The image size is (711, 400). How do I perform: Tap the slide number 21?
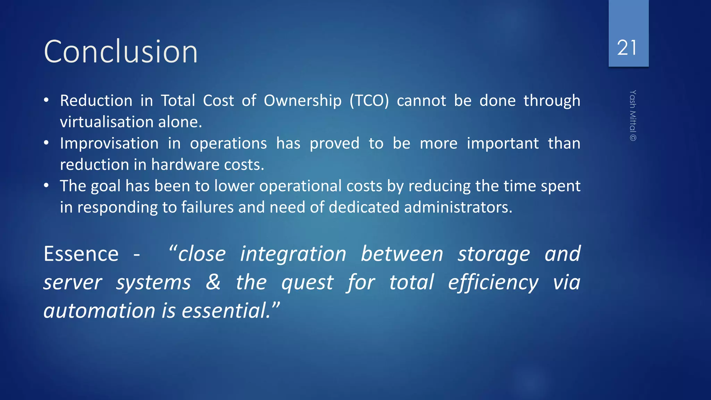point(627,48)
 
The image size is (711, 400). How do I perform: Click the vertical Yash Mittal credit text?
point(633,116)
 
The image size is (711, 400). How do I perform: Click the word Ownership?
point(302,101)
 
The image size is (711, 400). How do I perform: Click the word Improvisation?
point(109,143)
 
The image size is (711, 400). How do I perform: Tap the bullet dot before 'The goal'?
point(46,185)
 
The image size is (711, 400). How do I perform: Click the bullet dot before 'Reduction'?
point(46,100)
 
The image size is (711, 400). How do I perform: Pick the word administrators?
point(458,207)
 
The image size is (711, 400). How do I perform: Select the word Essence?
point(81,254)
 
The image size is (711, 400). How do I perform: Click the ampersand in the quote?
point(213,282)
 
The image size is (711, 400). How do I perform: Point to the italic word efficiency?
point(493,282)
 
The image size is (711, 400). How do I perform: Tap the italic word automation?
point(99,310)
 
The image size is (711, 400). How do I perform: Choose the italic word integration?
point(293,254)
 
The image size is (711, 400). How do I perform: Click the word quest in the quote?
point(307,282)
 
